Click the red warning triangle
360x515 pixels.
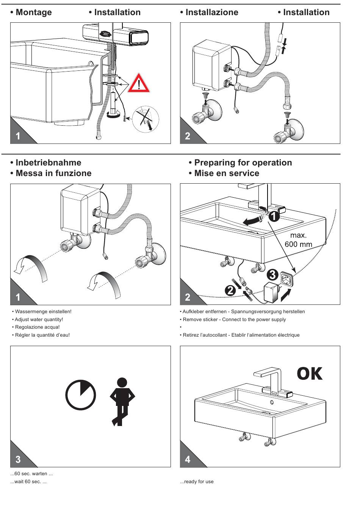(x=139, y=84)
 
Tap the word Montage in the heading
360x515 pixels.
(x=33, y=12)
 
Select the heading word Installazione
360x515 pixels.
(x=211, y=12)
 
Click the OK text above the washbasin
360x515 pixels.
(x=310, y=374)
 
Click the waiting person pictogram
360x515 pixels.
(x=122, y=401)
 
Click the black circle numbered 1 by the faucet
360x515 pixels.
(x=274, y=217)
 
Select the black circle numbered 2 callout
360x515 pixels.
(x=230, y=291)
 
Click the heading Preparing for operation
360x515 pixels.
(x=243, y=163)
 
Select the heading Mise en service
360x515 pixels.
(x=226, y=173)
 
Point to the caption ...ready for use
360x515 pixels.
(x=197, y=482)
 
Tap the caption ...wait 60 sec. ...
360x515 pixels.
(x=29, y=482)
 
